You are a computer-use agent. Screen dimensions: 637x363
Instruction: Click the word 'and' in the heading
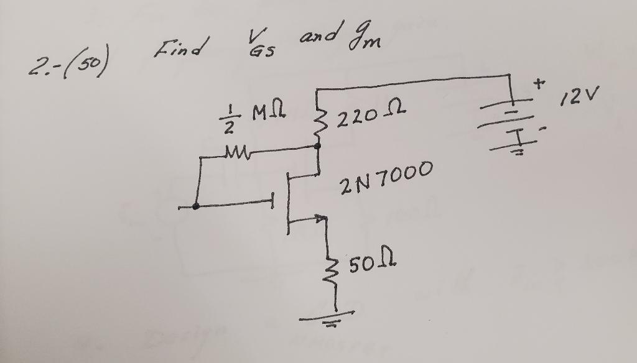coord(318,34)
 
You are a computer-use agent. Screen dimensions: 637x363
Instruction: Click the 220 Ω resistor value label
coord(371,113)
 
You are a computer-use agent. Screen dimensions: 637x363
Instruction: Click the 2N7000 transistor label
coord(386,177)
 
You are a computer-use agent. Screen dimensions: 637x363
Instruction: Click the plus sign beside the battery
coord(539,84)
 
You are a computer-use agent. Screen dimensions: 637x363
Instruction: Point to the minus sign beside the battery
coord(542,129)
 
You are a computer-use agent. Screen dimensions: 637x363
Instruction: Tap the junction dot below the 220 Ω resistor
coord(318,146)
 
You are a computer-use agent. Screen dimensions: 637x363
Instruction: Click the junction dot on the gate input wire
coord(196,206)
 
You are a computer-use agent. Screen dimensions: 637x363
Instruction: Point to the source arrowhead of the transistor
coord(322,219)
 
